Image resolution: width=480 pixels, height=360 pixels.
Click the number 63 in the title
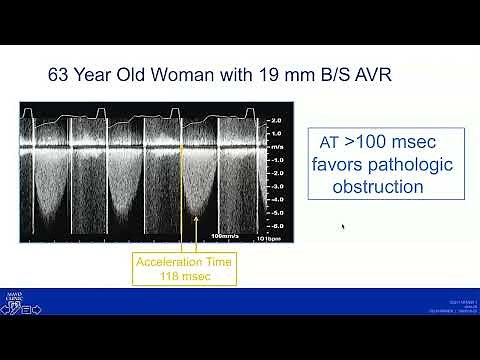[60, 74]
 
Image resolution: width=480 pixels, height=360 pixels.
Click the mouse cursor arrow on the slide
[344, 227]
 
